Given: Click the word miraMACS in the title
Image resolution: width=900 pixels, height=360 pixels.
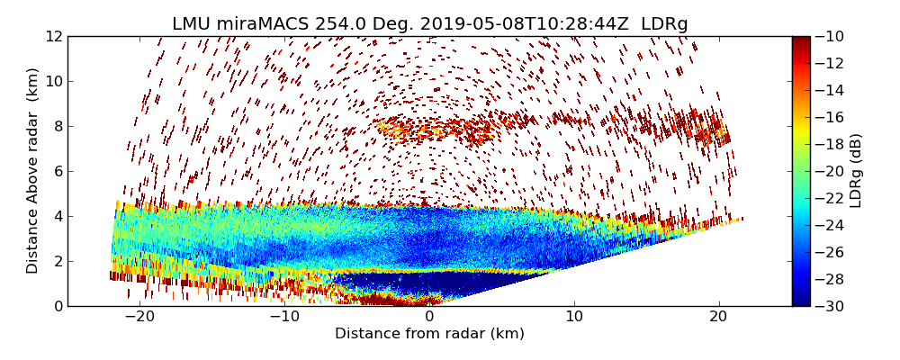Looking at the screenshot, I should coord(265,24).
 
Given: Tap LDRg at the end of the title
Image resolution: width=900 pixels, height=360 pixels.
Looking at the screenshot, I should coord(665,24).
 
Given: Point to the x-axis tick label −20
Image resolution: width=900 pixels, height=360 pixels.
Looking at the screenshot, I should coord(139,318).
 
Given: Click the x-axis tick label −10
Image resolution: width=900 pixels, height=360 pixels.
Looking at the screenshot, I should coord(284,318).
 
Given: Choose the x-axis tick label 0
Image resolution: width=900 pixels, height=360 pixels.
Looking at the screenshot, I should coord(429,318).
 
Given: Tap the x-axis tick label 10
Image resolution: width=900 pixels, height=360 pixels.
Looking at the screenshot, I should coord(574,318).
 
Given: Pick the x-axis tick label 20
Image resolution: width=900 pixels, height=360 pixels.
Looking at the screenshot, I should coord(719,318).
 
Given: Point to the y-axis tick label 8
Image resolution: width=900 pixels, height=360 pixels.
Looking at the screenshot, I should coord(57,127).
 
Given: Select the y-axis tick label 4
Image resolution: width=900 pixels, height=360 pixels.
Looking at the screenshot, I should coord(57,217).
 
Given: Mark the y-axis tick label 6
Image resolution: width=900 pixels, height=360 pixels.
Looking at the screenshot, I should coord(57,172).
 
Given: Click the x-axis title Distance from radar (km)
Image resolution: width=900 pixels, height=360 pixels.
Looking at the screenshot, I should coord(429,335).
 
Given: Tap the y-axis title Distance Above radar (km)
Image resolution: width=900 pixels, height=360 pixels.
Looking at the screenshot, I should coord(33,171).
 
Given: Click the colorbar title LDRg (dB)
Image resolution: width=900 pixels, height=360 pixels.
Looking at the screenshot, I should coord(857,171).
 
